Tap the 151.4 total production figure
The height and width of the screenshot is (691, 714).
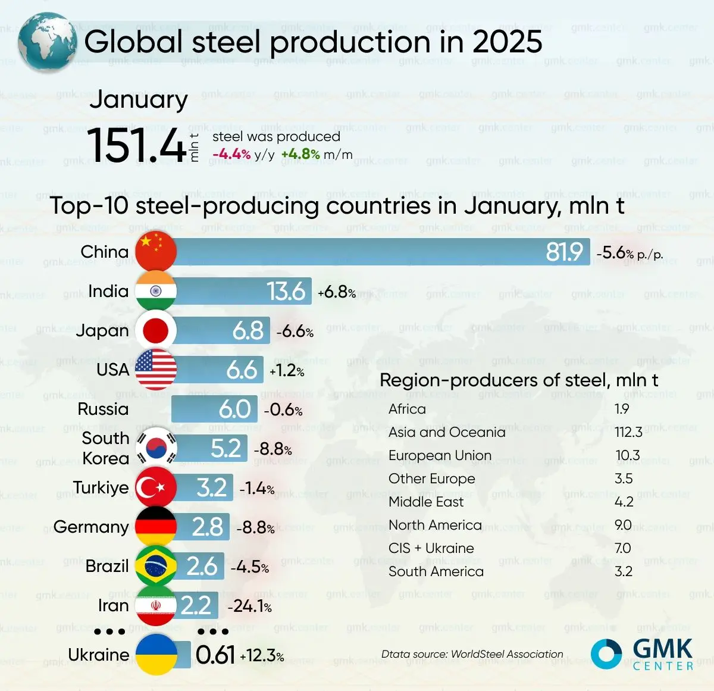(x=137, y=145)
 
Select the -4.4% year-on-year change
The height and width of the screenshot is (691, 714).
(x=231, y=155)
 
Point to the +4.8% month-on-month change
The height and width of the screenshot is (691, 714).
(x=300, y=155)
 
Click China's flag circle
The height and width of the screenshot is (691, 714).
(x=156, y=252)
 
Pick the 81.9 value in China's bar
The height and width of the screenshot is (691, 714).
(x=564, y=252)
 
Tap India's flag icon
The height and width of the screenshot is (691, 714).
(x=156, y=291)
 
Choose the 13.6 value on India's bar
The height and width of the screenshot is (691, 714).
(x=286, y=291)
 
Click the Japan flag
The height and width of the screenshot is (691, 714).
(x=156, y=330)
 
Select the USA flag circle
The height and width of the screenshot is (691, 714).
(x=156, y=370)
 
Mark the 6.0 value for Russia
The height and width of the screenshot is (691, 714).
(x=234, y=409)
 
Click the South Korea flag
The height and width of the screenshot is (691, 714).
(x=156, y=448)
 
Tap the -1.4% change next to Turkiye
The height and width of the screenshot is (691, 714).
(x=257, y=489)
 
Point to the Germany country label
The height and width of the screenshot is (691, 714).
(x=91, y=527)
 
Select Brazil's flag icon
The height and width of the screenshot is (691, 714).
(x=156, y=566)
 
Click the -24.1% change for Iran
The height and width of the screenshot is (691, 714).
(x=250, y=606)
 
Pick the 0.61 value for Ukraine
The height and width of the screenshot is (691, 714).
(x=215, y=655)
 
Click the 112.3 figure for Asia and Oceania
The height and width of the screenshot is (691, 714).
(x=628, y=432)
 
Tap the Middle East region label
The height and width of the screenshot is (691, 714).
(x=426, y=502)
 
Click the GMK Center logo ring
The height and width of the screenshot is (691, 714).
(x=606, y=654)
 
